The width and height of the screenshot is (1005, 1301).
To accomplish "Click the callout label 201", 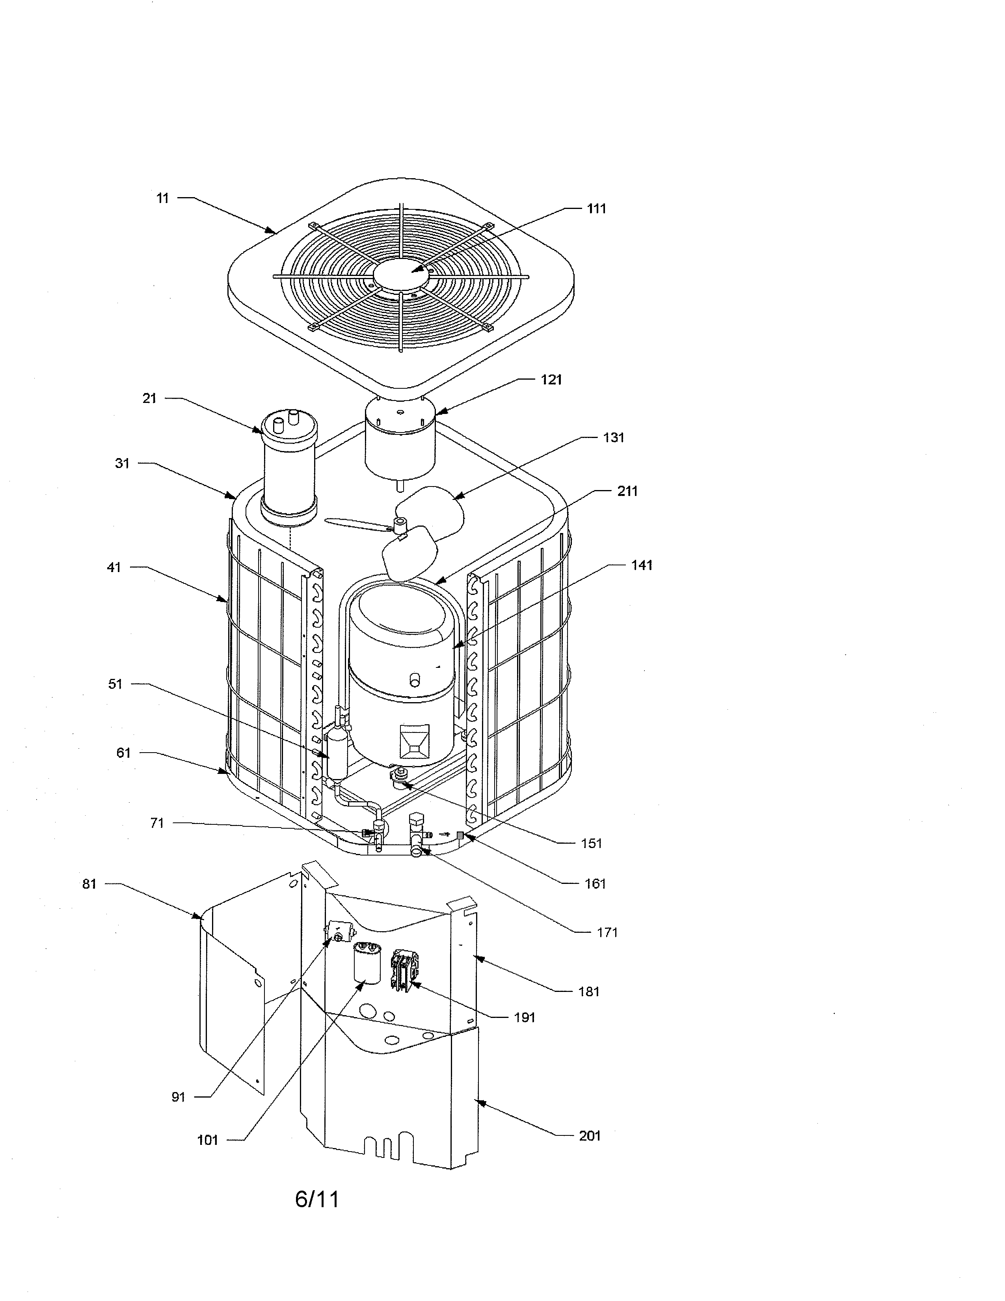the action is click(x=590, y=1136).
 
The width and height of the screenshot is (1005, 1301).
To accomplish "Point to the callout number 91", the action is click(x=179, y=1097).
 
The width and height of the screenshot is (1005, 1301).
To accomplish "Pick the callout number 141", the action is click(x=642, y=565).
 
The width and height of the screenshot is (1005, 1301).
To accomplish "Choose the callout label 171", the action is click(x=607, y=933).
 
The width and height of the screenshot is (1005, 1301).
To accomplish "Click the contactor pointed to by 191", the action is click(x=405, y=971).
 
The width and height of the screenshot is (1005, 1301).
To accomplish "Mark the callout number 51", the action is click(x=115, y=684).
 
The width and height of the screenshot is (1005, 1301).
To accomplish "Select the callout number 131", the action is click(x=613, y=438).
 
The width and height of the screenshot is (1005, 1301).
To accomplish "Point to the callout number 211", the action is click(x=627, y=492).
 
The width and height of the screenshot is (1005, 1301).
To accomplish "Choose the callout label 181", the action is click(x=589, y=992).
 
